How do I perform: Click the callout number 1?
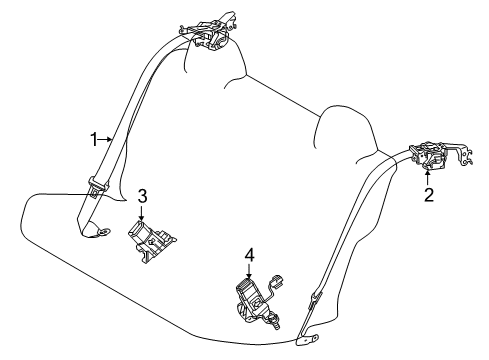pos(94,139)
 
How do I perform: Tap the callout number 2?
pos(429,195)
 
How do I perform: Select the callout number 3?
pos(142,196)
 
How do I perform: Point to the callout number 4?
pos(249,255)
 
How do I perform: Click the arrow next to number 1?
pos(106,139)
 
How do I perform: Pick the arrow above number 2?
pos(428,177)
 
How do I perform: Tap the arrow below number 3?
pos(142,213)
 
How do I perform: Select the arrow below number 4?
pos(249,271)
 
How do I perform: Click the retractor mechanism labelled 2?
pos(429,156)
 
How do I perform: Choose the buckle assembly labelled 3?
pos(149,241)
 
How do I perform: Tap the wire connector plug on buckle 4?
pos(277,281)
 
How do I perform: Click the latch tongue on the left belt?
pos(98,186)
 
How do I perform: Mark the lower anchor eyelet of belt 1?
pos(104,231)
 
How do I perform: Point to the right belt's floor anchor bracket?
pos(307,339)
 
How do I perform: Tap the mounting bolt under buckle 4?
pos(275,322)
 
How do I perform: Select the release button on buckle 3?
pos(138,227)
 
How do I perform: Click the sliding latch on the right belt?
pos(316,298)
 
